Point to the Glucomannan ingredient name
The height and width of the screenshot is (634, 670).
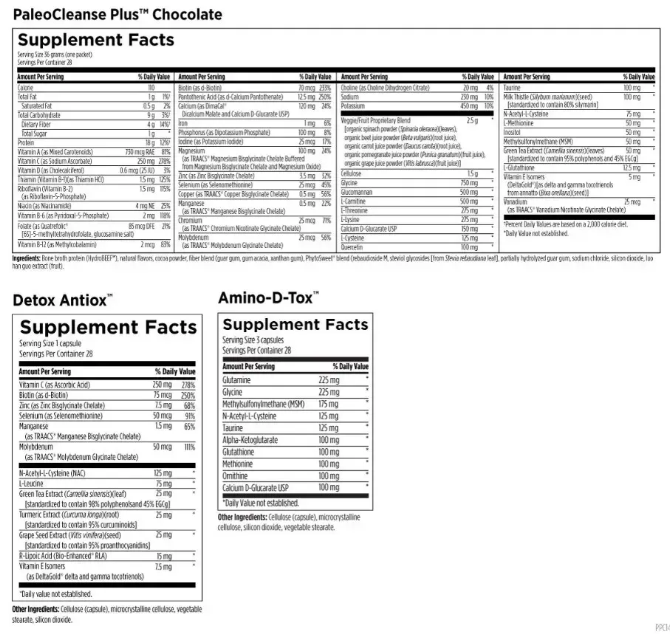click(360, 192)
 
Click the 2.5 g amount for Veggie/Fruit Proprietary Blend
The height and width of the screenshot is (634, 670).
click(473, 120)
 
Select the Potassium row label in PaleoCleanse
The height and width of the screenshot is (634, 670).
click(353, 106)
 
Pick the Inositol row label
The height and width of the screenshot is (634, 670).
click(513, 132)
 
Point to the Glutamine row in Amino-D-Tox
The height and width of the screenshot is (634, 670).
click(236, 380)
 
